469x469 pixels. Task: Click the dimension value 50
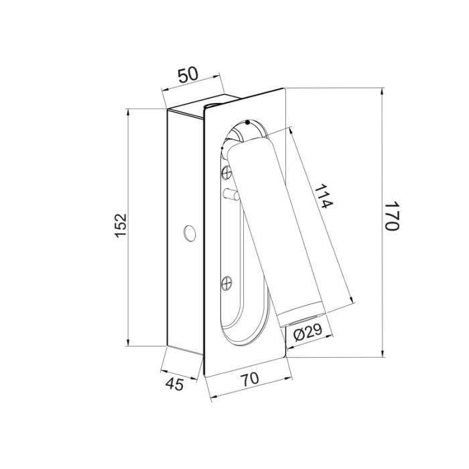[x=188, y=74]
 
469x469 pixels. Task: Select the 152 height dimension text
[x=121, y=226]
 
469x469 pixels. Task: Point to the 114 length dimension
[x=324, y=196]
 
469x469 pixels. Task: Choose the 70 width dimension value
[x=250, y=379]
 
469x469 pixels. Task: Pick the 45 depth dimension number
[x=174, y=384]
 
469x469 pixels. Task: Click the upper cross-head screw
[x=226, y=173]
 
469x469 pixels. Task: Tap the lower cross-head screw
[x=226, y=283]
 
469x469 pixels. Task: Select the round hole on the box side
[x=190, y=232]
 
